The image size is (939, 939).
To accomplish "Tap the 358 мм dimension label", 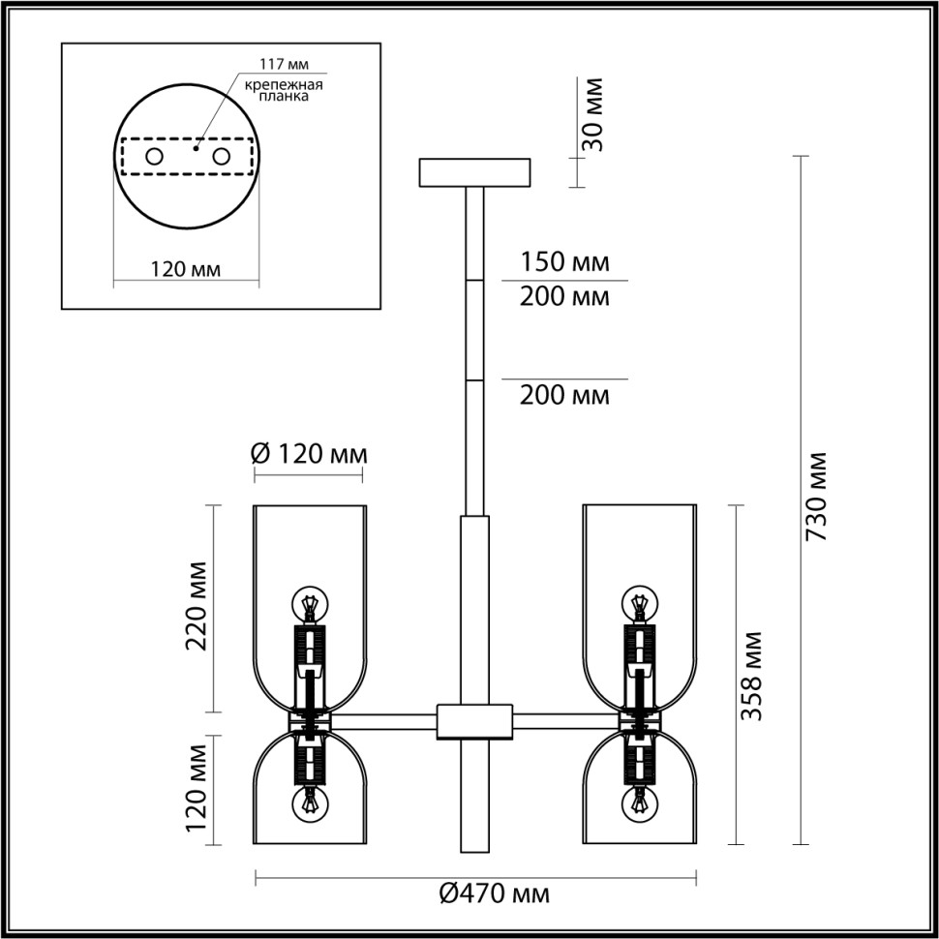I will [x=752, y=675].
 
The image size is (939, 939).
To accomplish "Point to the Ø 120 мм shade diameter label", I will [x=309, y=453].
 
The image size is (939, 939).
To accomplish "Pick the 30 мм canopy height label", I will [x=593, y=114].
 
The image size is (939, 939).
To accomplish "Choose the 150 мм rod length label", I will [x=564, y=261].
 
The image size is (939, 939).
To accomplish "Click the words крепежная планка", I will [x=283, y=91].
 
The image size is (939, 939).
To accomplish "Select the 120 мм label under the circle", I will [x=186, y=269].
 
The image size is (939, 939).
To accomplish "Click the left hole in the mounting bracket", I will [x=154, y=156].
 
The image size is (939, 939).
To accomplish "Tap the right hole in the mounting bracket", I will [x=221, y=156].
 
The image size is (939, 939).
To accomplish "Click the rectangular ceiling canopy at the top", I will [x=474, y=172].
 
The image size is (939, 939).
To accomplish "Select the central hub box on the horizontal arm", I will [x=474, y=721].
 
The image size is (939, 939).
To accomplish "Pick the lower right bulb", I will [x=639, y=803].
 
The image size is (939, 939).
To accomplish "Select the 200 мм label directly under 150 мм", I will [x=564, y=297].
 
